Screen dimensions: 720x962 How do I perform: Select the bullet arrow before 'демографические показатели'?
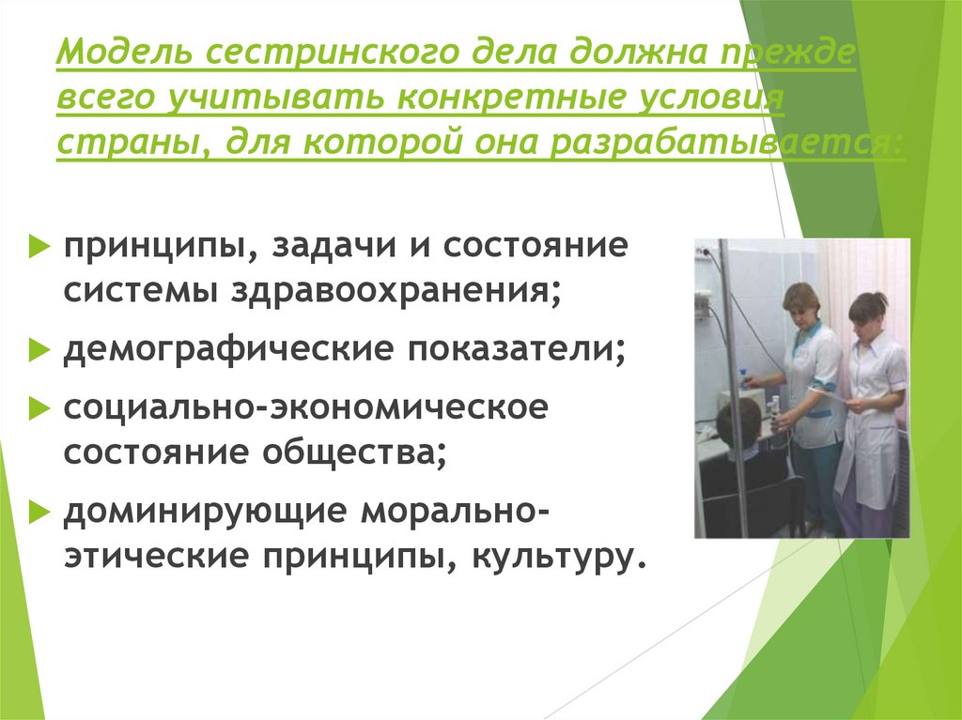[38, 350]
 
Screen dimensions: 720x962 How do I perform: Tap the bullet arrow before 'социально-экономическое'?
[38, 408]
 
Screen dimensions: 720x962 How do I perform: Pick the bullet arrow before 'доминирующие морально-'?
[38, 513]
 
